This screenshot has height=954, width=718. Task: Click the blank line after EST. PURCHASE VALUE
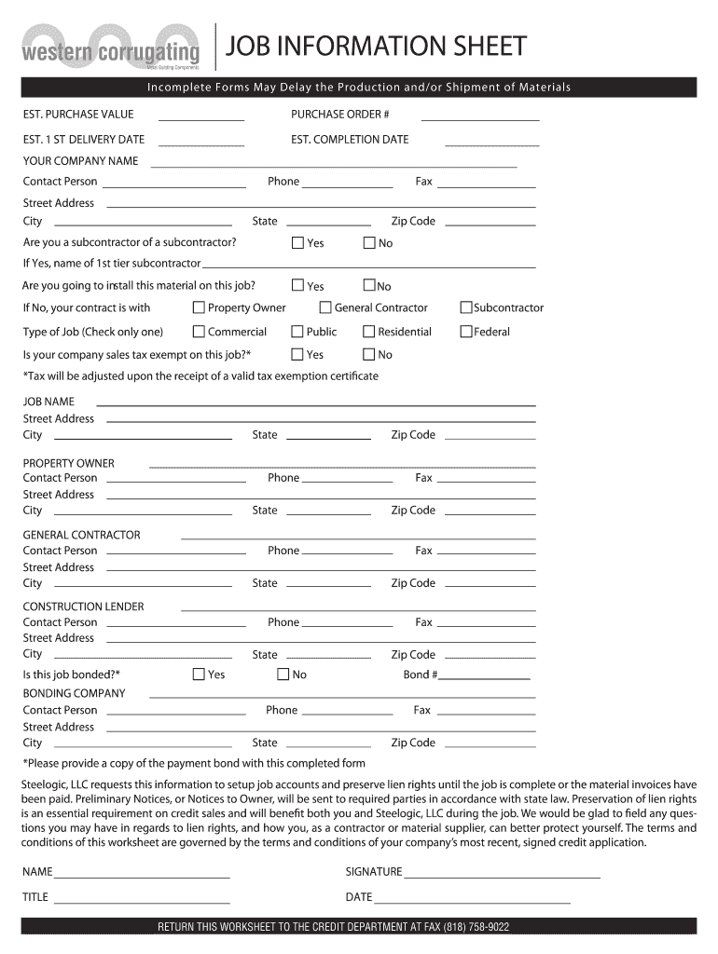201,119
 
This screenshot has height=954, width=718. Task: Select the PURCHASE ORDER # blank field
480,119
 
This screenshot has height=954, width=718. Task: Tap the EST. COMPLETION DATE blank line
492,144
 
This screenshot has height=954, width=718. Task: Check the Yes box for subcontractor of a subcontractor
298,243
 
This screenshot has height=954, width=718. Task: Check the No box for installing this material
369,286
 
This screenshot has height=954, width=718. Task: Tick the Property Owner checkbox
199,307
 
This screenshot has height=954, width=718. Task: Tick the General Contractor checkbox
325,307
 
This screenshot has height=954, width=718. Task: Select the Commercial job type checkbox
199,332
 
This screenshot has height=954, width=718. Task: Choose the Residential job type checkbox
369,332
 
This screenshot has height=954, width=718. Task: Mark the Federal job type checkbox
466,332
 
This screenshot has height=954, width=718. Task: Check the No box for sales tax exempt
369,354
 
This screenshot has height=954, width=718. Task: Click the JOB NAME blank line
316,404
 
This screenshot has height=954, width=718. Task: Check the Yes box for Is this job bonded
199,675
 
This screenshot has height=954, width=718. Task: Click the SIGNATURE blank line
502,876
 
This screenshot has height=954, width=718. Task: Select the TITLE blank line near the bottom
142,901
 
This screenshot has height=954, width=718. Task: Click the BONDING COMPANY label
74,693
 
